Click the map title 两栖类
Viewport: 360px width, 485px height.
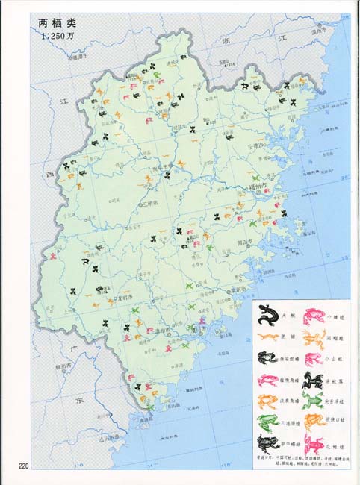(x=58, y=23)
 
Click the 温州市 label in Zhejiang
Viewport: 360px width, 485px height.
(x=318, y=32)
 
